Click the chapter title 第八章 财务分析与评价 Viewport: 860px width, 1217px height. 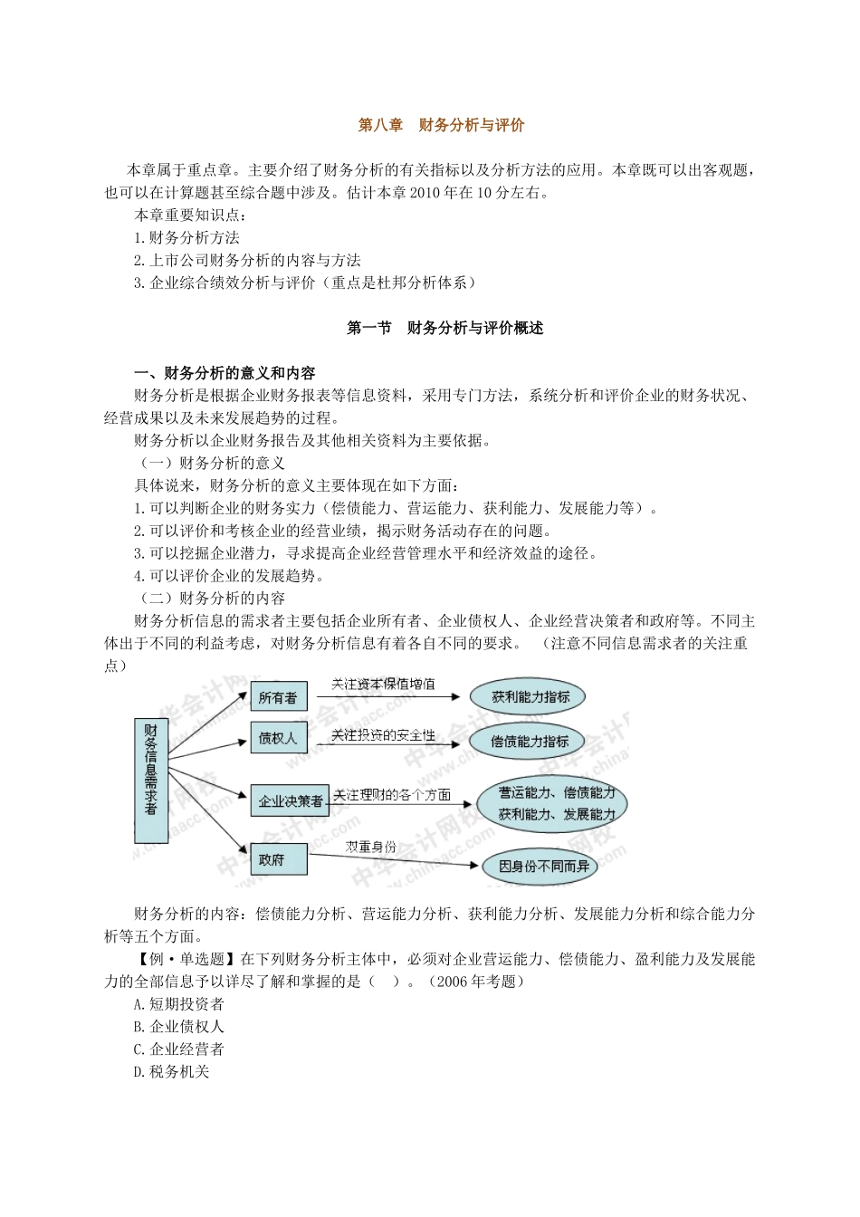tap(441, 126)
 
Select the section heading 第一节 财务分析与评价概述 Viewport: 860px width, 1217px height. tap(445, 329)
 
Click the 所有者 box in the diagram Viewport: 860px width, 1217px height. tap(278, 697)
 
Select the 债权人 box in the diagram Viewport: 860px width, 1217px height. tap(278, 738)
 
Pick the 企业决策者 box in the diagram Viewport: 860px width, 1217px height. tap(291, 800)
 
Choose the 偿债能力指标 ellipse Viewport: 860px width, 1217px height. tap(530, 741)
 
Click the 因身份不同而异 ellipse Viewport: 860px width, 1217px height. tap(543, 867)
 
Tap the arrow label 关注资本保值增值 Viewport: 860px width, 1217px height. tap(383, 685)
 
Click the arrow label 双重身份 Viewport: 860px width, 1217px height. tap(370, 847)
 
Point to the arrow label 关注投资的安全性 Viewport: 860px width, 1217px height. tap(383, 735)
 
